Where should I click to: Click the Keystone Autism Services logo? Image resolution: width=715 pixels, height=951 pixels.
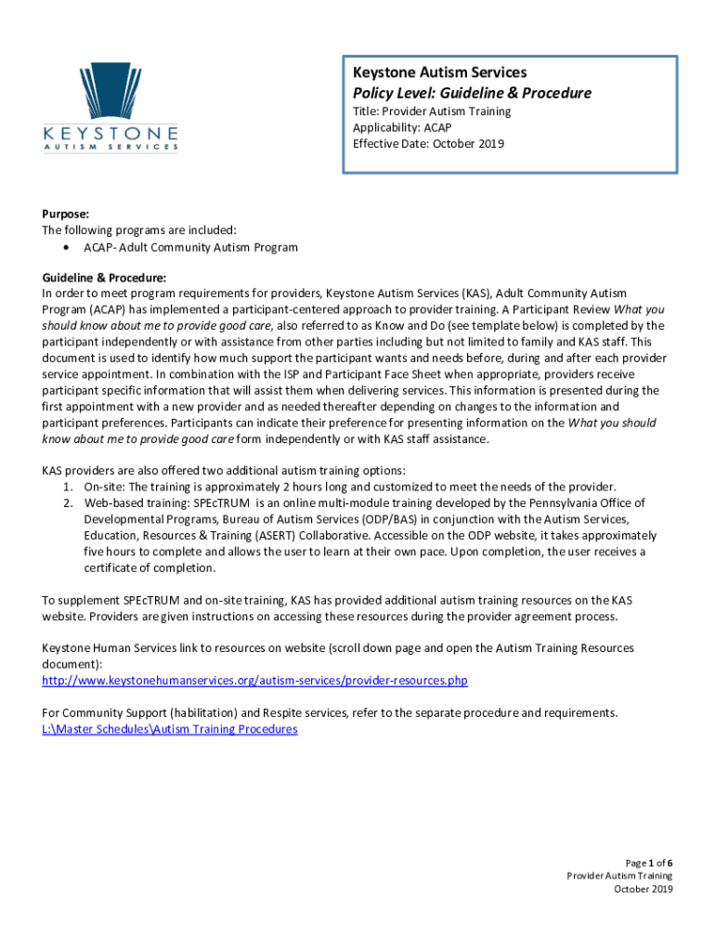tap(110, 106)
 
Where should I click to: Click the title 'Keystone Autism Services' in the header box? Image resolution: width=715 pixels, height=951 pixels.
tap(439, 72)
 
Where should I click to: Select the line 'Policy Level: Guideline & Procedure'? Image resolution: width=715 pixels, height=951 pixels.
tap(472, 93)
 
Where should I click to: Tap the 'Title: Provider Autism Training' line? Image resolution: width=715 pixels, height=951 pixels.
tap(432, 111)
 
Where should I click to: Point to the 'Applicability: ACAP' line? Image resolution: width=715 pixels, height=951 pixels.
tap(402, 127)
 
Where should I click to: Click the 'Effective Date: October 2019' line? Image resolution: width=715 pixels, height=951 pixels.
tap(428, 143)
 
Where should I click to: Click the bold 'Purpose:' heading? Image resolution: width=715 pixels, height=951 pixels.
tap(64, 214)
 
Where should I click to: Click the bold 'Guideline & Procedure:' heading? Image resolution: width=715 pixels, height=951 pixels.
tap(105, 278)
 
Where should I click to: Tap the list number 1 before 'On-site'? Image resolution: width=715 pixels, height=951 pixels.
tap(67, 487)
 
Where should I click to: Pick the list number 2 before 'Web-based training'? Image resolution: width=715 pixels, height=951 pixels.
tap(67, 502)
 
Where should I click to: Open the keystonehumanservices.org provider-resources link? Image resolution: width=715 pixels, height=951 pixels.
tap(255, 681)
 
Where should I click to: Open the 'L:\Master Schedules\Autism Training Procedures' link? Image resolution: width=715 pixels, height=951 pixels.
tap(170, 729)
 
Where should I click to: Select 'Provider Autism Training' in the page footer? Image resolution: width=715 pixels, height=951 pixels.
tap(619, 876)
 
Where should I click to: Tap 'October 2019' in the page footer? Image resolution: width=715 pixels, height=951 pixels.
tap(643, 889)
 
